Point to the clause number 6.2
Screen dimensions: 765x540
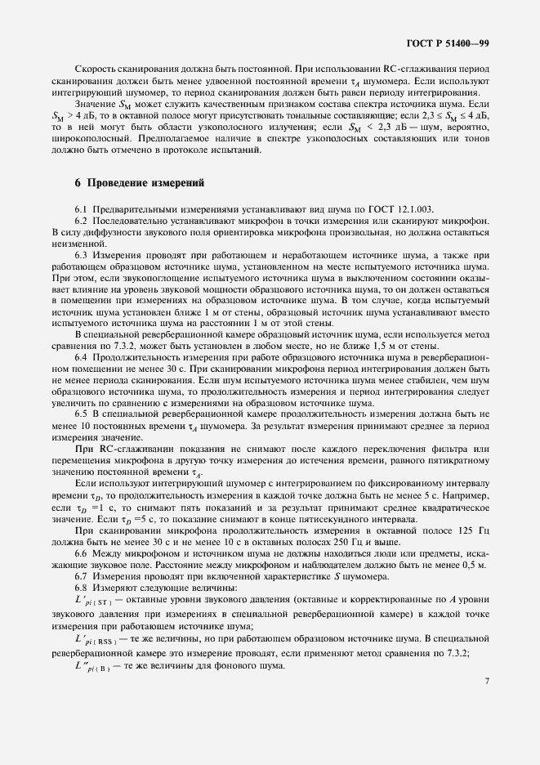pos(82,221)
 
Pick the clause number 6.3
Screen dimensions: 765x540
pos(82,255)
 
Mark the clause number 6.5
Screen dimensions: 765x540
pos(82,414)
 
